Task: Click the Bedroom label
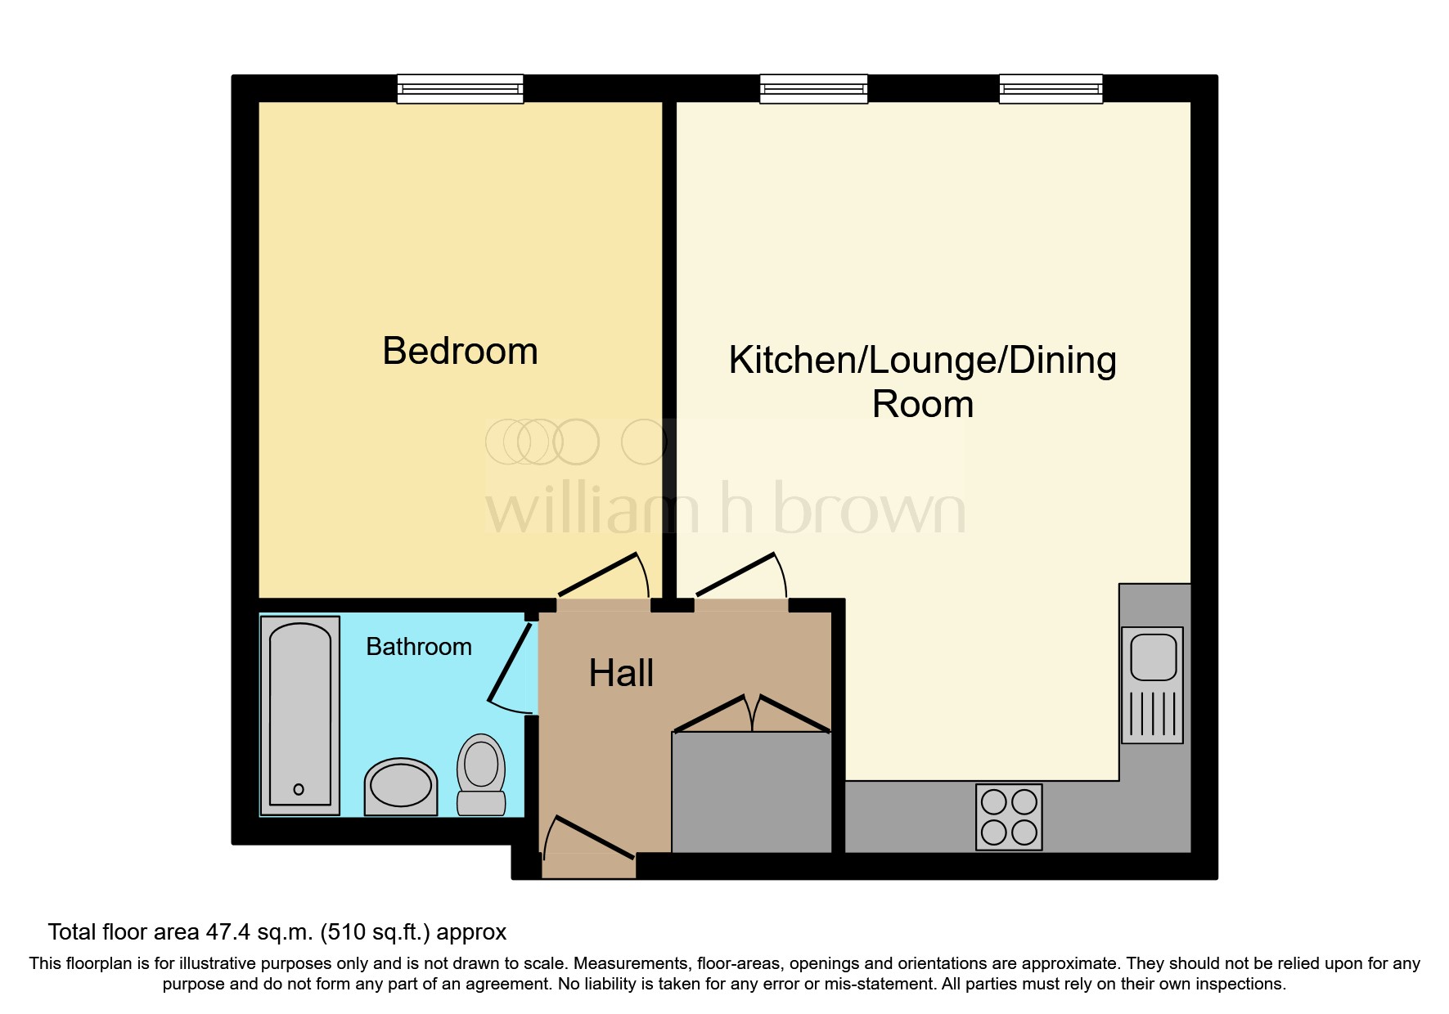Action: (460, 352)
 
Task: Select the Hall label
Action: (621, 674)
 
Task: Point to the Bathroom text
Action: (418, 647)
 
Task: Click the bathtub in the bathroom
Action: (299, 711)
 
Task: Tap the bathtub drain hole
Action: (299, 789)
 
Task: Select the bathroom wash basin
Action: (400, 787)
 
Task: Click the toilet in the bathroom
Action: (481, 773)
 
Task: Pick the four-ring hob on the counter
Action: (1009, 817)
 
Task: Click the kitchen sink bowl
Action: (1153, 655)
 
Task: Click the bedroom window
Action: (460, 88)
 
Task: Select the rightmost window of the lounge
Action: (1051, 88)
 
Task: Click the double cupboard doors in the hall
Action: (752, 713)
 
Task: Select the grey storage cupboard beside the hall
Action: (751, 792)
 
